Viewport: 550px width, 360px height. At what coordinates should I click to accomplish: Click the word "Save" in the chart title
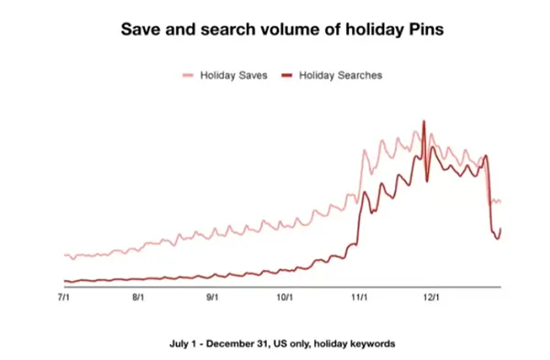click(141, 29)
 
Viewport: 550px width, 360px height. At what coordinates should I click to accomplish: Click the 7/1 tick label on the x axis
click(64, 297)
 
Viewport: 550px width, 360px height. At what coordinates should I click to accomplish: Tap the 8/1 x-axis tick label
click(138, 297)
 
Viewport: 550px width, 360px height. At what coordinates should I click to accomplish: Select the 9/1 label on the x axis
click(212, 297)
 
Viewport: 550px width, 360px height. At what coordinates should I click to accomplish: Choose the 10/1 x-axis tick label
click(284, 297)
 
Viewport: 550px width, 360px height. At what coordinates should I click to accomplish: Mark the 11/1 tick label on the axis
click(359, 297)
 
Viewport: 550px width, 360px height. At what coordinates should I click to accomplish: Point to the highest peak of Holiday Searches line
click(423, 121)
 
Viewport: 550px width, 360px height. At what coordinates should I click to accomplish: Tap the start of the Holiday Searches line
click(64, 281)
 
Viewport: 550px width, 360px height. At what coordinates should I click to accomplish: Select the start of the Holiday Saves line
click(64, 256)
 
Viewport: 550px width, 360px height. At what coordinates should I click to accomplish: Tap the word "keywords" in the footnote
click(373, 344)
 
